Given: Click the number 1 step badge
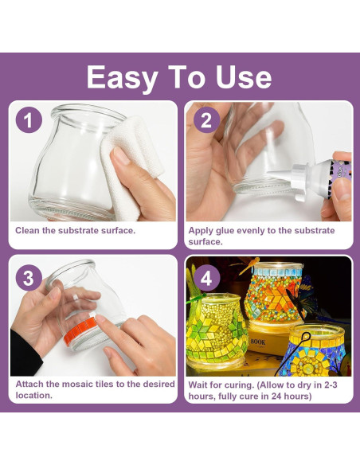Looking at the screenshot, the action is (x=29, y=119).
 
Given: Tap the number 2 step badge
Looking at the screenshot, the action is (x=206, y=119).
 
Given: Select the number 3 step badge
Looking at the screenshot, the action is (x=29, y=278).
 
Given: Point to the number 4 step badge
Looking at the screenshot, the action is (x=206, y=278).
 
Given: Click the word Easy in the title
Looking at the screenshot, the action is (x=122, y=78).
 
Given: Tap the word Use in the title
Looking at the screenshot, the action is (x=243, y=76).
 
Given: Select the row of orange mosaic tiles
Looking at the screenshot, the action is (x=80, y=329).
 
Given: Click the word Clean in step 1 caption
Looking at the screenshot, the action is (x=28, y=230).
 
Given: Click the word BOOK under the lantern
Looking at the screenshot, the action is (x=258, y=342).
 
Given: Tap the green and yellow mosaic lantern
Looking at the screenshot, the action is (x=216, y=331).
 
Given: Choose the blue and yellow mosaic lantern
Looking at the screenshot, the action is (x=315, y=350).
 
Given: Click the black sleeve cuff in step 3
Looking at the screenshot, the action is (x=25, y=354).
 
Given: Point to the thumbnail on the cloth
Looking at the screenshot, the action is (x=121, y=155).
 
